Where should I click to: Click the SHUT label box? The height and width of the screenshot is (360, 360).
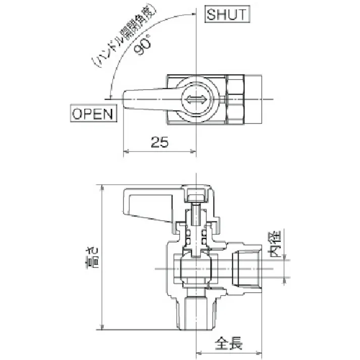click(x=228, y=14)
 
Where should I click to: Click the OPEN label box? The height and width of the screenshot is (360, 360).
click(x=93, y=113)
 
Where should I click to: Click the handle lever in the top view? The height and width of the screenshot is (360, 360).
click(x=146, y=99)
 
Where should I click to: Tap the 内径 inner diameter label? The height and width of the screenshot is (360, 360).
click(x=276, y=244)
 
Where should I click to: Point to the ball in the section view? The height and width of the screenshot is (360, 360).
click(x=195, y=268)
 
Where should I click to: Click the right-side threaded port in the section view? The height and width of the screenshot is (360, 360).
click(x=247, y=268)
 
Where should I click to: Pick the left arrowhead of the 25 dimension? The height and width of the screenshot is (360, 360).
click(x=127, y=150)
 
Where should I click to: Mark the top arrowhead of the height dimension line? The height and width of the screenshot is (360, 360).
click(x=102, y=188)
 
